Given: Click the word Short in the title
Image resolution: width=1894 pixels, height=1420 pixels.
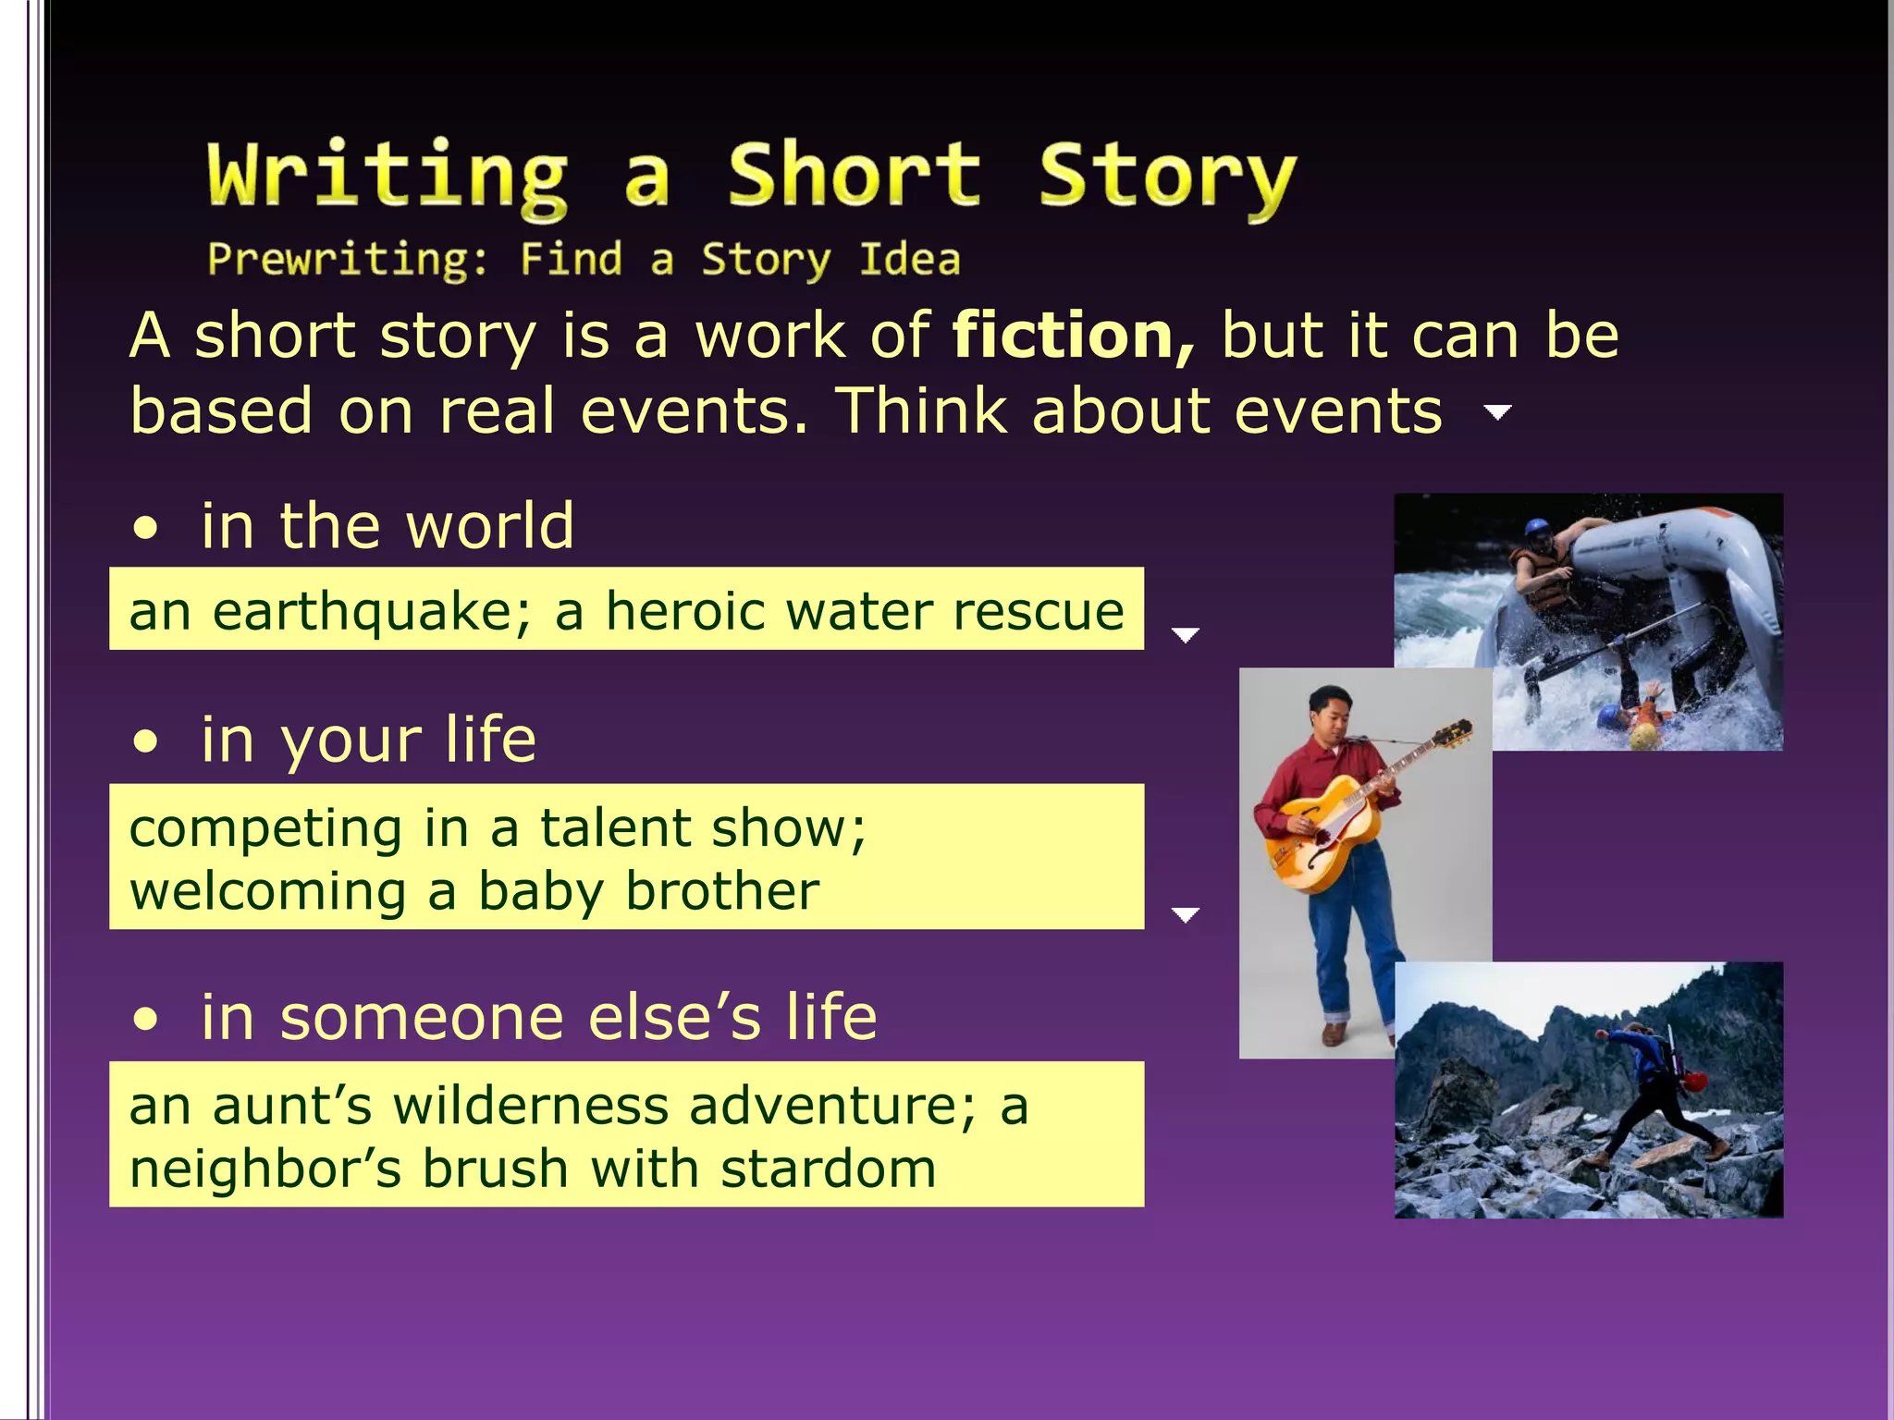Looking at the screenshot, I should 853,176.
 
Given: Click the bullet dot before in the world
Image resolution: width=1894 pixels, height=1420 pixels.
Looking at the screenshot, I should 145,530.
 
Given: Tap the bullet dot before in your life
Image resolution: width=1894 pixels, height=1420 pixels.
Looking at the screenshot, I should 145,742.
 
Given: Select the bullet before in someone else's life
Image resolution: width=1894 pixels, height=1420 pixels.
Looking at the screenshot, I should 145,1021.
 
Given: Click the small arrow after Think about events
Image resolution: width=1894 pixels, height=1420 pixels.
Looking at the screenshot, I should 1497,411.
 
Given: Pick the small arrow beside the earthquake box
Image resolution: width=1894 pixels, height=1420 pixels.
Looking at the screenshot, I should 1185,634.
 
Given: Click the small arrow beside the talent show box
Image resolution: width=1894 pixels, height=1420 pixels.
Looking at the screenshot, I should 1185,914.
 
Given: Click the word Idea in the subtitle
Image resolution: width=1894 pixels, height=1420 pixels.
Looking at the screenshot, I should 909,260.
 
